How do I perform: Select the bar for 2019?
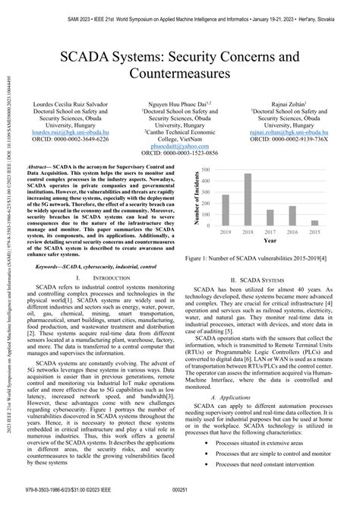point(226,211)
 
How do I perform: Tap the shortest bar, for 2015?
point(314,223)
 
